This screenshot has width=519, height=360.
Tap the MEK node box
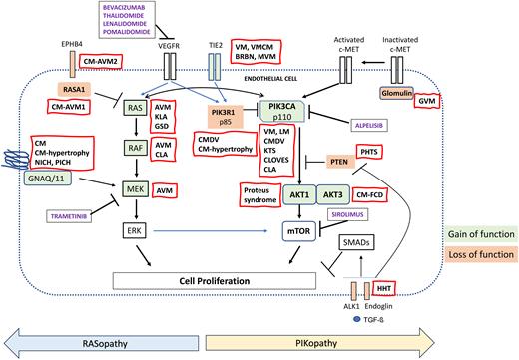pos(134,187)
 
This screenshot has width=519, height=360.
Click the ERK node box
pos(134,230)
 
